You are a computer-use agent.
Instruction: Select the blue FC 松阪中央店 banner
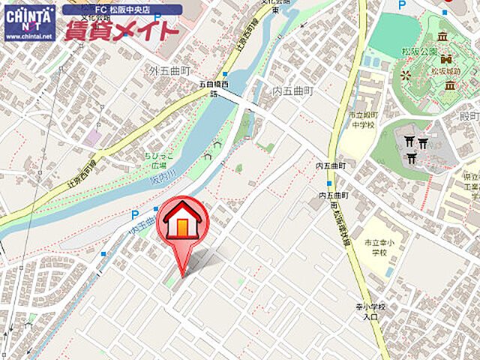(121, 10)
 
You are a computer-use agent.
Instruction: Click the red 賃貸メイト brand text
(121, 31)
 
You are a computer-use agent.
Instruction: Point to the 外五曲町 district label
(170, 71)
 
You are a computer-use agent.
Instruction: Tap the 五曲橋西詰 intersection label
(215, 90)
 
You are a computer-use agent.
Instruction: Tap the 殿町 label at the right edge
(469, 118)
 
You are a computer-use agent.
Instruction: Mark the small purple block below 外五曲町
(92, 137)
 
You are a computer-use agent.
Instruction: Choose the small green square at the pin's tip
(172, 283)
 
